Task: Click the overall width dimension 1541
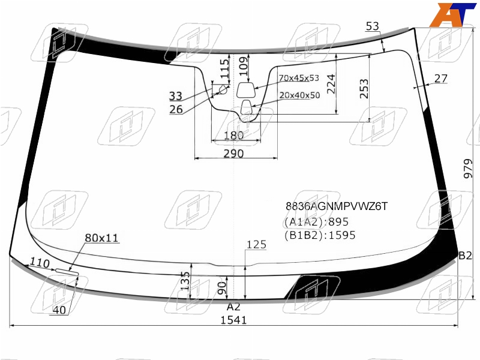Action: click(233, 320)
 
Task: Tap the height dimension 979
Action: click(468, 169)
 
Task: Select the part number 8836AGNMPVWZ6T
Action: click(337, 206)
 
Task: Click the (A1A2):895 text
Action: click(317, 221)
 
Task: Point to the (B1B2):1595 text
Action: click(320, 235)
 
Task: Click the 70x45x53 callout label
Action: click(299, 78)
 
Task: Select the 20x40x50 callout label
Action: click(299, 95)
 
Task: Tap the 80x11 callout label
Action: click(101, 238)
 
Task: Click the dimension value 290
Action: click(233, 154)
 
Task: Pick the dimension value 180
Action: click(233, 135)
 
